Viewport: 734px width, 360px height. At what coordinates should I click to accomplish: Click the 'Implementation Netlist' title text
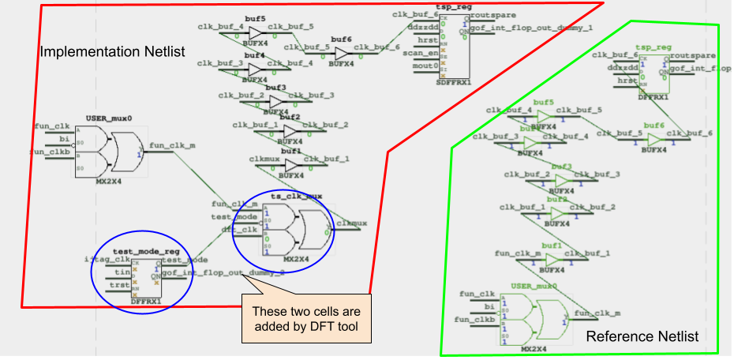click(x=112, y=52)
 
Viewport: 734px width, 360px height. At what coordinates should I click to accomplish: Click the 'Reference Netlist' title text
click(x=642, y=336)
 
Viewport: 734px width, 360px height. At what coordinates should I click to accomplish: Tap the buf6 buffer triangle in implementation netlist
click(x=341, y=54)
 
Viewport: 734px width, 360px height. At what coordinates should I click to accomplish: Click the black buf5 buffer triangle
click(x=255, y=32)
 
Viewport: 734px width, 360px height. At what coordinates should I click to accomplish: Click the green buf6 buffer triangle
click(x=654, y=140)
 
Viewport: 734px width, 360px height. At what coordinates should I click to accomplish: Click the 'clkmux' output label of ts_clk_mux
click(x=351, y=223)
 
